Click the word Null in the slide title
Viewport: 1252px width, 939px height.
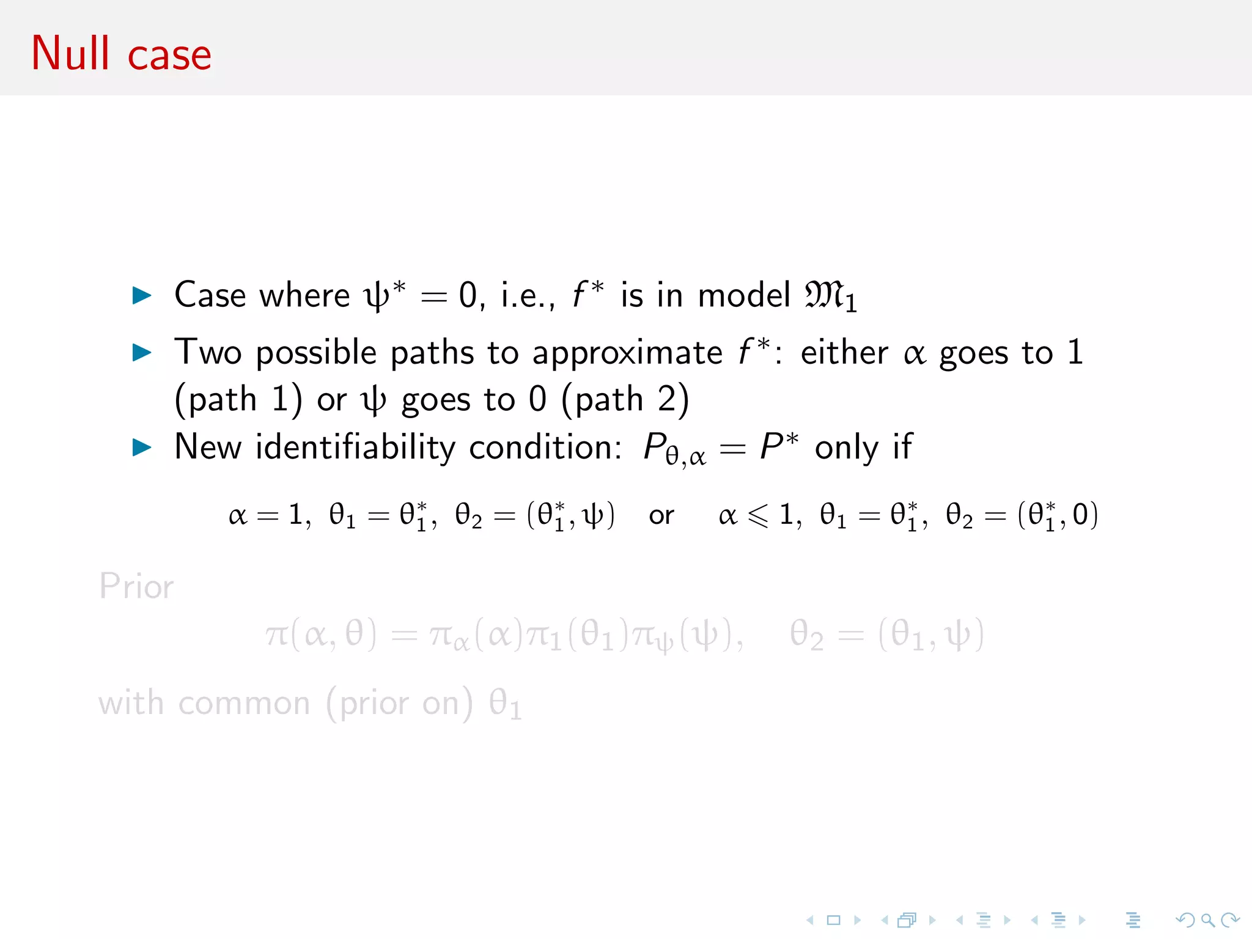(70, 54)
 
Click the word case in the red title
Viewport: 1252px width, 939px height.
(169, 56)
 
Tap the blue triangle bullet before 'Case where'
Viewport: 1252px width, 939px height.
(142, 296)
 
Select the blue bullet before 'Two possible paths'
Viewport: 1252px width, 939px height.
(142, 353)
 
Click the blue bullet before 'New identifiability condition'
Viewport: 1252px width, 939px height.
(142, 447)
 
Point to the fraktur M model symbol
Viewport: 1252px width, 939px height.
(825, 296)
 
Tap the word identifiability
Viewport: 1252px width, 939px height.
(355, 447)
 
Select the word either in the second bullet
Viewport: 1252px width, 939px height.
(844, 353)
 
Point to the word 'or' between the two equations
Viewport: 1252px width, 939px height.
(661, 516)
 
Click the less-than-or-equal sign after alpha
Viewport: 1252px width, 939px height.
(758, 516)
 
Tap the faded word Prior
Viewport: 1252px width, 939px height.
(136, 586)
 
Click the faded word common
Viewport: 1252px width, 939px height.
(245, 704)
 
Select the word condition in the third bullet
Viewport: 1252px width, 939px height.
(546, 447)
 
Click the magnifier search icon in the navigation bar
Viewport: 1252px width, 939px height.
(1207, 920)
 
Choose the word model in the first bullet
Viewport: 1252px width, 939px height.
(744, 296)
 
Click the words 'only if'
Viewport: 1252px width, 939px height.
(863, 447)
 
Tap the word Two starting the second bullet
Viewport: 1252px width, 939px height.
(208, 353)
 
